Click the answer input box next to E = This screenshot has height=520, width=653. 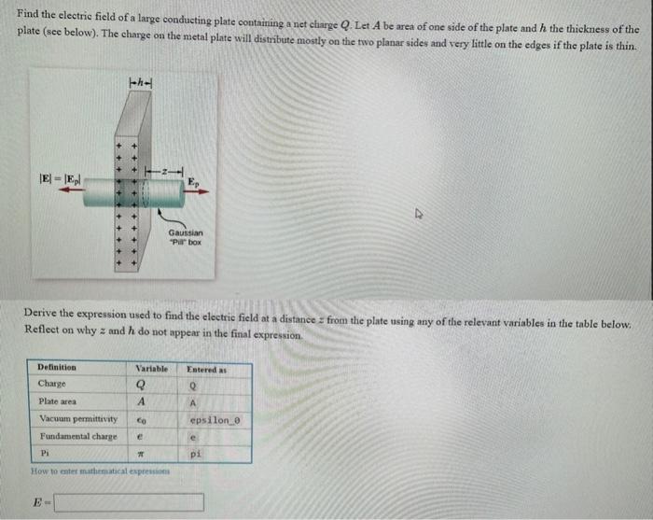pyautogui.click(x=129, y=502)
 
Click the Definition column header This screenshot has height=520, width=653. pyautogui.click(x=57, y=369)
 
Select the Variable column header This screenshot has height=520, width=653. pyautogui.click(x=147, y=369)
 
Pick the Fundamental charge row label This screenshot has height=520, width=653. pyautogui.click(x=77, y=436)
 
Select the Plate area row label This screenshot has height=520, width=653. pyautogui.click(x=58, y=401)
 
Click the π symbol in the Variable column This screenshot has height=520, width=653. pyautogui.click(x=140, y=454)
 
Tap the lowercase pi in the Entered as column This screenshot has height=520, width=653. pyautogui.click(x=195, y=454)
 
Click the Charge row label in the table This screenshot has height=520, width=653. pyautogui.click(x=52, y=385)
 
